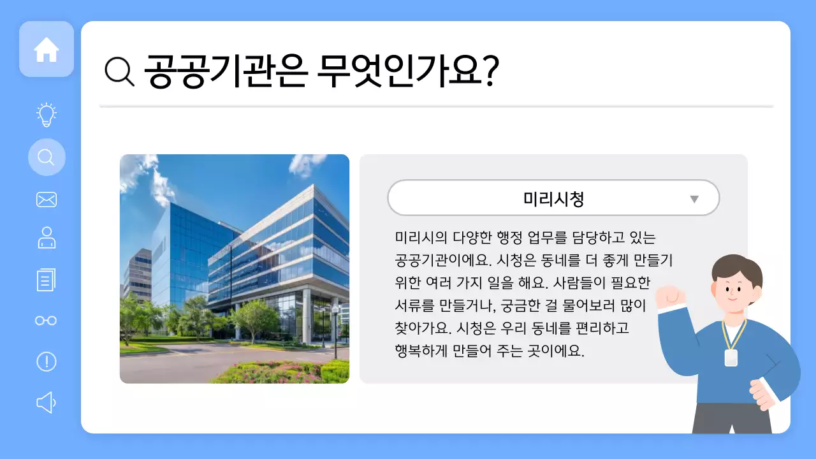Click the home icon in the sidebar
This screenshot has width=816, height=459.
point(47,50)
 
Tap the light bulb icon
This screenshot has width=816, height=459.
point(47,115)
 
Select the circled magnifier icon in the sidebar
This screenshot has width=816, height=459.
point(47,157)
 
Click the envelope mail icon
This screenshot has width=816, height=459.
point(47,200)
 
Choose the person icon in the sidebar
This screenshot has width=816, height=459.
point(47,238)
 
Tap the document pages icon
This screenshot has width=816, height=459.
point(47,279)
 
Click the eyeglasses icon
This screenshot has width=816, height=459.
point(47,321)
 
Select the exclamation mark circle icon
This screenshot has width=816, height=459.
point(47,361)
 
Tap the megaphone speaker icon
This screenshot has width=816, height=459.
point(47,402)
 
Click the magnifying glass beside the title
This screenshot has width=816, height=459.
point(119,71)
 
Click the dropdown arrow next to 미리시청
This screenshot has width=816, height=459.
point(694,199)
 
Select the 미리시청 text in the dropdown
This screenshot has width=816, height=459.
point(553,199)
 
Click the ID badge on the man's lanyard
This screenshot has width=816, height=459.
point(731,358)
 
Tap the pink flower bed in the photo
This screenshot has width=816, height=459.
point(280,371)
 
